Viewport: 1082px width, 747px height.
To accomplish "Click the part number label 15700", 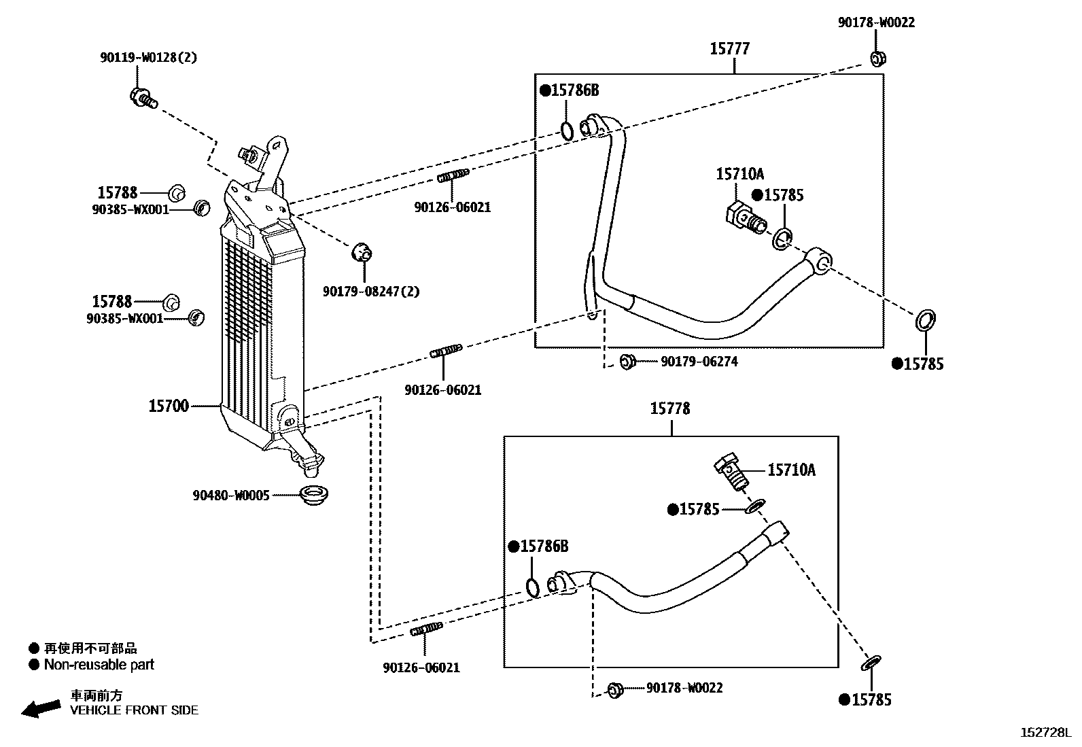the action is [x=168, y=406].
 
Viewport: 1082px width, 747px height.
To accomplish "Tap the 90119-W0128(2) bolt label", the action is [x=149, y=58].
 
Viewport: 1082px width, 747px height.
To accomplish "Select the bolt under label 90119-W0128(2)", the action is [x=143, y=98].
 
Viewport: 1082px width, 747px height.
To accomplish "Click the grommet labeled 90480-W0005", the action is [x=314, y=496].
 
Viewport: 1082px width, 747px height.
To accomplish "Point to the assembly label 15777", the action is [x=729, y=49].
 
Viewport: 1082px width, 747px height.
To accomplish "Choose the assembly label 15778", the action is [x=670, y=409].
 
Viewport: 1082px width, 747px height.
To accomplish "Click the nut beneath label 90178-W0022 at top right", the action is [x=877, y=58].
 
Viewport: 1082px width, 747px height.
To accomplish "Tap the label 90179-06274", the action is [x=699, y=362].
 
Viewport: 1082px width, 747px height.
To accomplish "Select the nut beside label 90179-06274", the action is [x=627, y=362].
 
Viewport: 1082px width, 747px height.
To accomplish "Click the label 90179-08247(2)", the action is [x=371, y=292].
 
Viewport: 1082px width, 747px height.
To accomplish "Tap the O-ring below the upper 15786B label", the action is [x=567, y=130].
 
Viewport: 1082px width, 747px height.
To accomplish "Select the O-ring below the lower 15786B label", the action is [x=531, y=587].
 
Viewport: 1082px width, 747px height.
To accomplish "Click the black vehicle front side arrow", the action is [x=41, y=709].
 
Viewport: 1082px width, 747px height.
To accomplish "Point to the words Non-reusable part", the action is [x=99, y=665].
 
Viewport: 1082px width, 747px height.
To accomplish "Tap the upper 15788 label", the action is [x=118, y=193].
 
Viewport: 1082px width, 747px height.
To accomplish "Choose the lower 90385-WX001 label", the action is [x=125, y=319].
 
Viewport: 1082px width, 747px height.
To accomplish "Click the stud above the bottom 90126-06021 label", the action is [x=427, y=629].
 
